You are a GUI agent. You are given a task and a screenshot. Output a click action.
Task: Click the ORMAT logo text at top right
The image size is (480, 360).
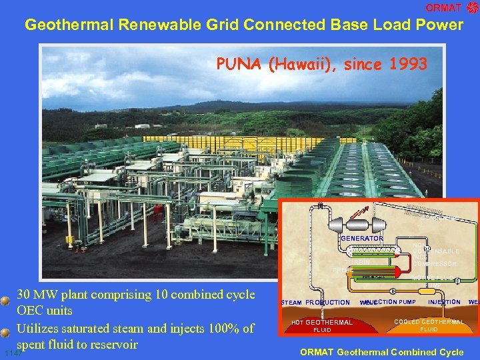pos(443,8)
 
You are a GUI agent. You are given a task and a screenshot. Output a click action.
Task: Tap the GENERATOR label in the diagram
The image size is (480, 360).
pos(361,238)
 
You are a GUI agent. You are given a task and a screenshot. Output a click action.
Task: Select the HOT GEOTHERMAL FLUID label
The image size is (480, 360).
pos(323,326)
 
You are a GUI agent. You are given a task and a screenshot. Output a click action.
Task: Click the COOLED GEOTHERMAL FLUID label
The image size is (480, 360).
pos(429,325)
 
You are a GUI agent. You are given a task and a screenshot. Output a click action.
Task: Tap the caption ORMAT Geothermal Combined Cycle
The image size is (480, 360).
pos(382,352)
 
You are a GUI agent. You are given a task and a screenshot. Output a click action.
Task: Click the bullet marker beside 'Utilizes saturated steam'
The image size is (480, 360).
pos(6,329)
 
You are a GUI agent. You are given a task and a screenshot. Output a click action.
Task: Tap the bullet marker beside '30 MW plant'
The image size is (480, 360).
pos(6,300)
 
